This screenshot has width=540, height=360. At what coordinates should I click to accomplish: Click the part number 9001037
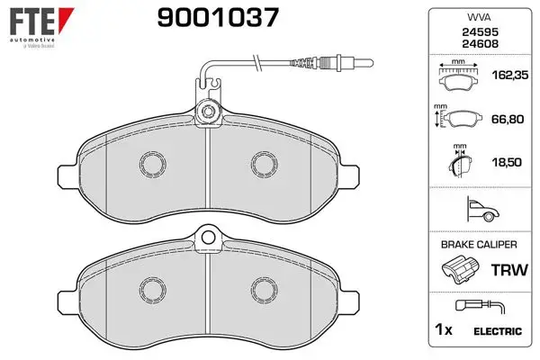point(218,18)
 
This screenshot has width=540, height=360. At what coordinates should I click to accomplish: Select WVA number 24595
point(480,32)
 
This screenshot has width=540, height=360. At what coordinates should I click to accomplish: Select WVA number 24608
point(480,44)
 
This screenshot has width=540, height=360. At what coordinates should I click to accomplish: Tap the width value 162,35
point(510,75)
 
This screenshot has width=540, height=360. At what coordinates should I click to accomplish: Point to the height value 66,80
point(508,119)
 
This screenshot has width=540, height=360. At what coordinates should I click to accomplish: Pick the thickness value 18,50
point(507,162)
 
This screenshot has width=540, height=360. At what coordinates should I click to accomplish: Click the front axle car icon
point(482,209)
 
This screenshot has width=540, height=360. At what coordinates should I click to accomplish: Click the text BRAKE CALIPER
point(479,245)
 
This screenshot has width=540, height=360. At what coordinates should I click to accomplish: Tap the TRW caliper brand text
point(509,270)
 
